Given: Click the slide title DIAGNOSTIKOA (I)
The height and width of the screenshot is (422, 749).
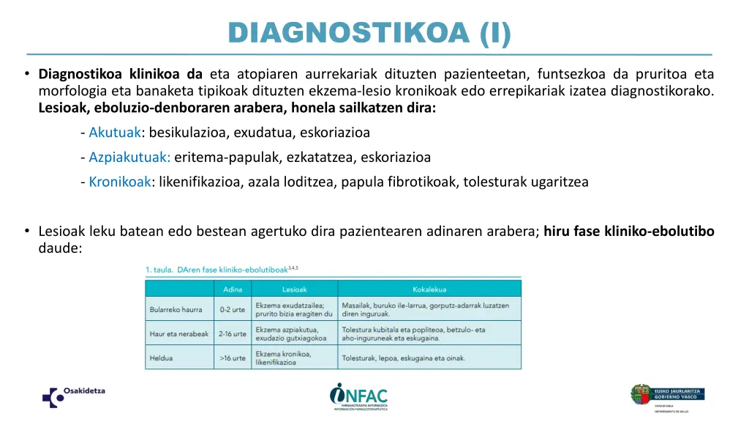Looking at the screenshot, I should click(370, 32).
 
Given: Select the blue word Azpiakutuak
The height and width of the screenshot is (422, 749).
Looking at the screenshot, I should click(129, 157).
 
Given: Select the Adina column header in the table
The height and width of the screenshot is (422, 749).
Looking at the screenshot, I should click(232, 289).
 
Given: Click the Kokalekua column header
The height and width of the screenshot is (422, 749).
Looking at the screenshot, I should click(429, 289).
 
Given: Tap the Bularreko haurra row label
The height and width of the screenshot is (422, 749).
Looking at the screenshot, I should click(176, 309).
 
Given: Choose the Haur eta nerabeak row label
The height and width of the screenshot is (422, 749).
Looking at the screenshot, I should click(179, 334).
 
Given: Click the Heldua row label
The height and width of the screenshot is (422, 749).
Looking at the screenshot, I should click(162, 358).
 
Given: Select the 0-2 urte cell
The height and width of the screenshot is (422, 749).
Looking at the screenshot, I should click(233, 309).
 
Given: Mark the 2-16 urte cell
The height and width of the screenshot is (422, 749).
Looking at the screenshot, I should click(232, 334).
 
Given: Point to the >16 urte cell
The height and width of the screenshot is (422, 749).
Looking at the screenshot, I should click(232, 358).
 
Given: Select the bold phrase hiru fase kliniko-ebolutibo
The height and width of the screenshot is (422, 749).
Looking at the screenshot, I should click(628, 232).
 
